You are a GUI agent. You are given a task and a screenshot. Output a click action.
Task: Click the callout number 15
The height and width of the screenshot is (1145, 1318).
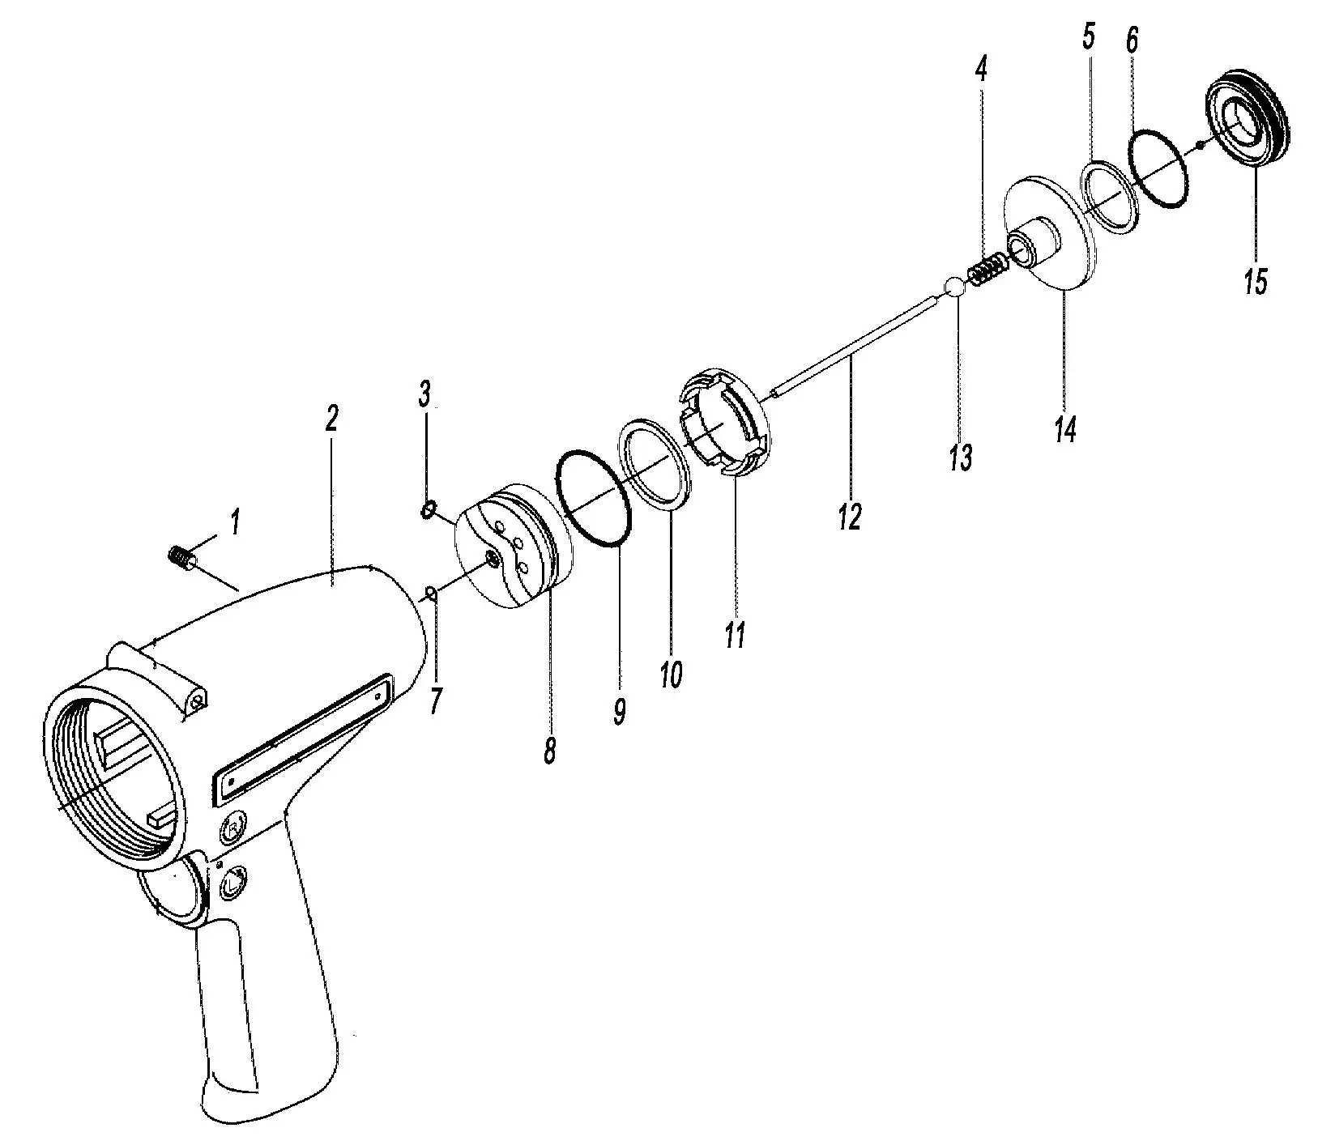[x=1255, y=282]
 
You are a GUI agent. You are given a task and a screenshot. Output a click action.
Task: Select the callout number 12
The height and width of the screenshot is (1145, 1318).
[x=850, y=515]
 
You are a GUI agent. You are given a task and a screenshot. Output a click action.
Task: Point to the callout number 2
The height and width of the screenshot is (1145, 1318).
[x=331, y=419]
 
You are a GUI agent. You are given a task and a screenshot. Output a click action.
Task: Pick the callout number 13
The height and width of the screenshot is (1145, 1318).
[x=960, y=458]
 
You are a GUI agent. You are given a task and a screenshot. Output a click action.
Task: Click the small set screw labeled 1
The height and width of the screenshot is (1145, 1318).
[x=180, y=558]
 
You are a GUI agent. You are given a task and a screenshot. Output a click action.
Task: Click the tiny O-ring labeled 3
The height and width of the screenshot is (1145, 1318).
[x=425, y=509]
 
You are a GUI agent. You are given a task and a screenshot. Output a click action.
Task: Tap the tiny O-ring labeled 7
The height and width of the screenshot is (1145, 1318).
[x=432, y=594]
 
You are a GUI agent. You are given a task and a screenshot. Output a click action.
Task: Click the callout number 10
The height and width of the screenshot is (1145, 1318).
[x=671, y=674]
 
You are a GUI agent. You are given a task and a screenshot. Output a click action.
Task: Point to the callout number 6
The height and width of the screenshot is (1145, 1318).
[x=1132, y=40]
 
